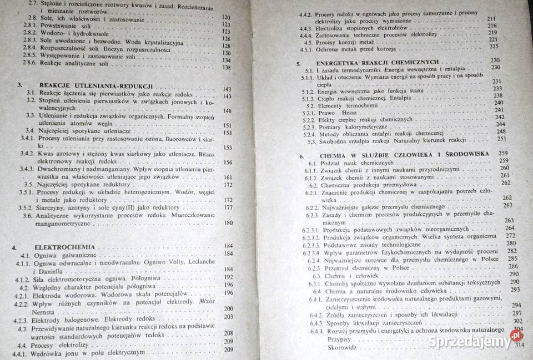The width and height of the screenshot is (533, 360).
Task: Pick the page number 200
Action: point(228,308)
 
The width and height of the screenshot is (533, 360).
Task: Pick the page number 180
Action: point(228,223)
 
